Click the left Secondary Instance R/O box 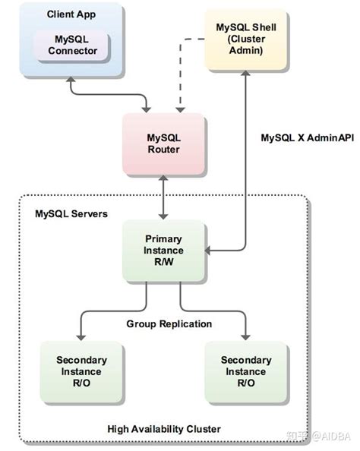click(x=81, y=371)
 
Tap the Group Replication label click(x=169, y=323)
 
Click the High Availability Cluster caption click(x=163, y=429)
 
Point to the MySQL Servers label click(x=71, y=214)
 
